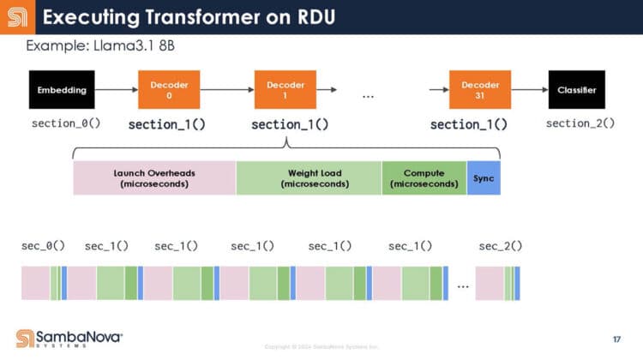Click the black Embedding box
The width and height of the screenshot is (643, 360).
(x=61, y=89)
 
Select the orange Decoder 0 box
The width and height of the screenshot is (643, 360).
(x=163, y=89)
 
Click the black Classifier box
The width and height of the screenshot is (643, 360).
(x=577, y=89)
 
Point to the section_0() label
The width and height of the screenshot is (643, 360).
(x=66, y=123)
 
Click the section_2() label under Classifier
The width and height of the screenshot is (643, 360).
(x=580, y=123)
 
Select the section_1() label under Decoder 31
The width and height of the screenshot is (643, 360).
(x=468, y=124)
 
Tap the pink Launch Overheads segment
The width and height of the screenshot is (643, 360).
(x=154, y=177)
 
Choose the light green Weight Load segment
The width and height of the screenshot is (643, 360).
(x=309, y=177)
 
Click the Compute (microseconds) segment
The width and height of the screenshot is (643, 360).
(x=424, y=177)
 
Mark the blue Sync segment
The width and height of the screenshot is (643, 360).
(x=483, y=177)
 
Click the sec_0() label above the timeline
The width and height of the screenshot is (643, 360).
(x=43, y=246)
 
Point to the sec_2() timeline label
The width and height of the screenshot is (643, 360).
(x=501, y=246)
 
